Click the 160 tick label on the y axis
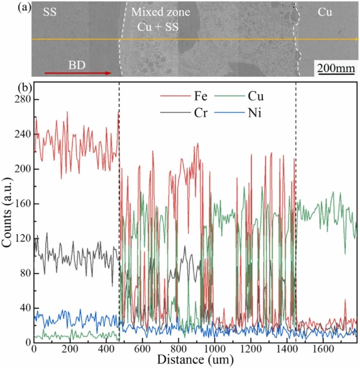19,204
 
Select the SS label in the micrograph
49,13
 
